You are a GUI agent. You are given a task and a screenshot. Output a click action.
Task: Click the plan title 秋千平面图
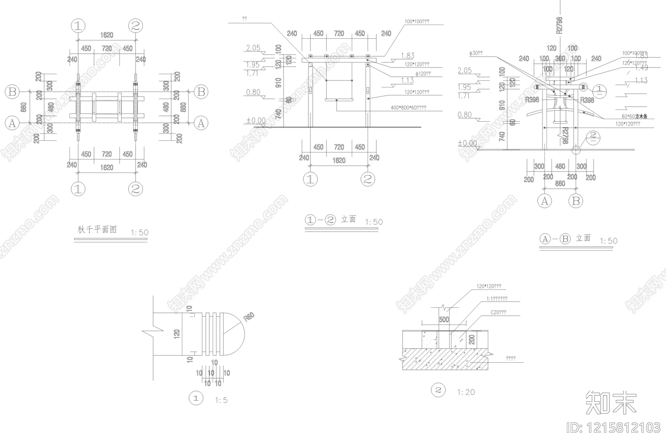tap(97, 229)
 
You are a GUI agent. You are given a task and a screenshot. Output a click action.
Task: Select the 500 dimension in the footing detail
tap(444, 319)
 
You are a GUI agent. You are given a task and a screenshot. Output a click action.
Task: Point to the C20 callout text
tap(498, 312)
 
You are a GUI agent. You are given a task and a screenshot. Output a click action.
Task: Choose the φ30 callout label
tap(475, 53)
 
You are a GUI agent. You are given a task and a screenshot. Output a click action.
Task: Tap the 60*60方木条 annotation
tap(634, 117)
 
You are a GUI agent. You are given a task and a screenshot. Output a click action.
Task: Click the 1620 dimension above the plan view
tap(107, 35)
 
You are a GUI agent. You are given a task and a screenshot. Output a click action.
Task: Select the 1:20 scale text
tap(466, 392)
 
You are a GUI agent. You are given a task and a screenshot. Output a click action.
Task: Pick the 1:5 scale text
tap(221, 401)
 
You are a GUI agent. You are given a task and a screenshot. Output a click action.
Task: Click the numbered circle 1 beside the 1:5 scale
tap(196, 398)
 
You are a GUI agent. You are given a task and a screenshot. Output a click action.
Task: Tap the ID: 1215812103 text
tap(614, 428)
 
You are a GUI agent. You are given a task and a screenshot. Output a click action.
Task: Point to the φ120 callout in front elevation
tap(423, 74)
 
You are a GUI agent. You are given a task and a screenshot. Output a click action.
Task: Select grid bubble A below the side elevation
tap(544, 202)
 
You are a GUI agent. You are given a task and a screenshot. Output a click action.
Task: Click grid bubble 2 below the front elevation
tap(368, 180)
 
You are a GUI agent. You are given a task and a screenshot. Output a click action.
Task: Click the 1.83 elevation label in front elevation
tap(408, 56)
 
